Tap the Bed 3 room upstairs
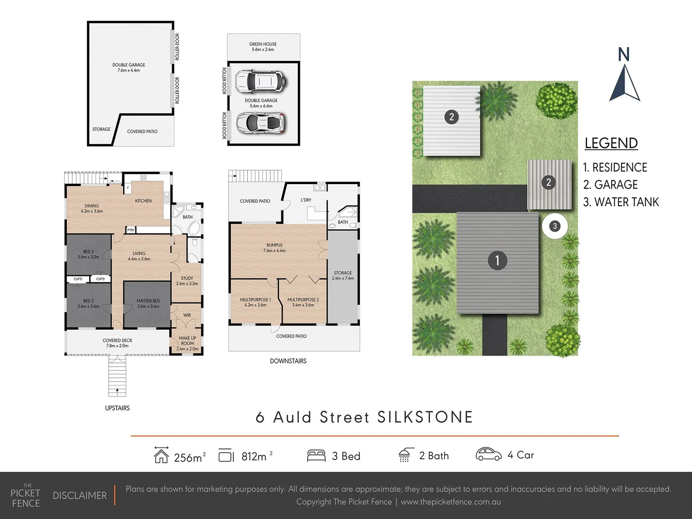click(88, 254)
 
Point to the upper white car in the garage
click(261, 82)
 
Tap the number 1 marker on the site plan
click(497, 260)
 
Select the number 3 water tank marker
click(555, 226)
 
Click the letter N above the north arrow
click(624, 55)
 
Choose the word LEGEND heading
click(611, 143)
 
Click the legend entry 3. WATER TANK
click(621, 202)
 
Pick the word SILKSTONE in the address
click(425, 417)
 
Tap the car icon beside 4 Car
click(488, 454)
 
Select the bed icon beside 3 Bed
click(316, 456)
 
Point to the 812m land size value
click(254, 456)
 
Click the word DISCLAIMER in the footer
click(80, 495)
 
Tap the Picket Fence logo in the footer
click(26, 495)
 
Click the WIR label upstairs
click(187, 315)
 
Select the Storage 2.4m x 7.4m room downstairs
click(343, 275)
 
